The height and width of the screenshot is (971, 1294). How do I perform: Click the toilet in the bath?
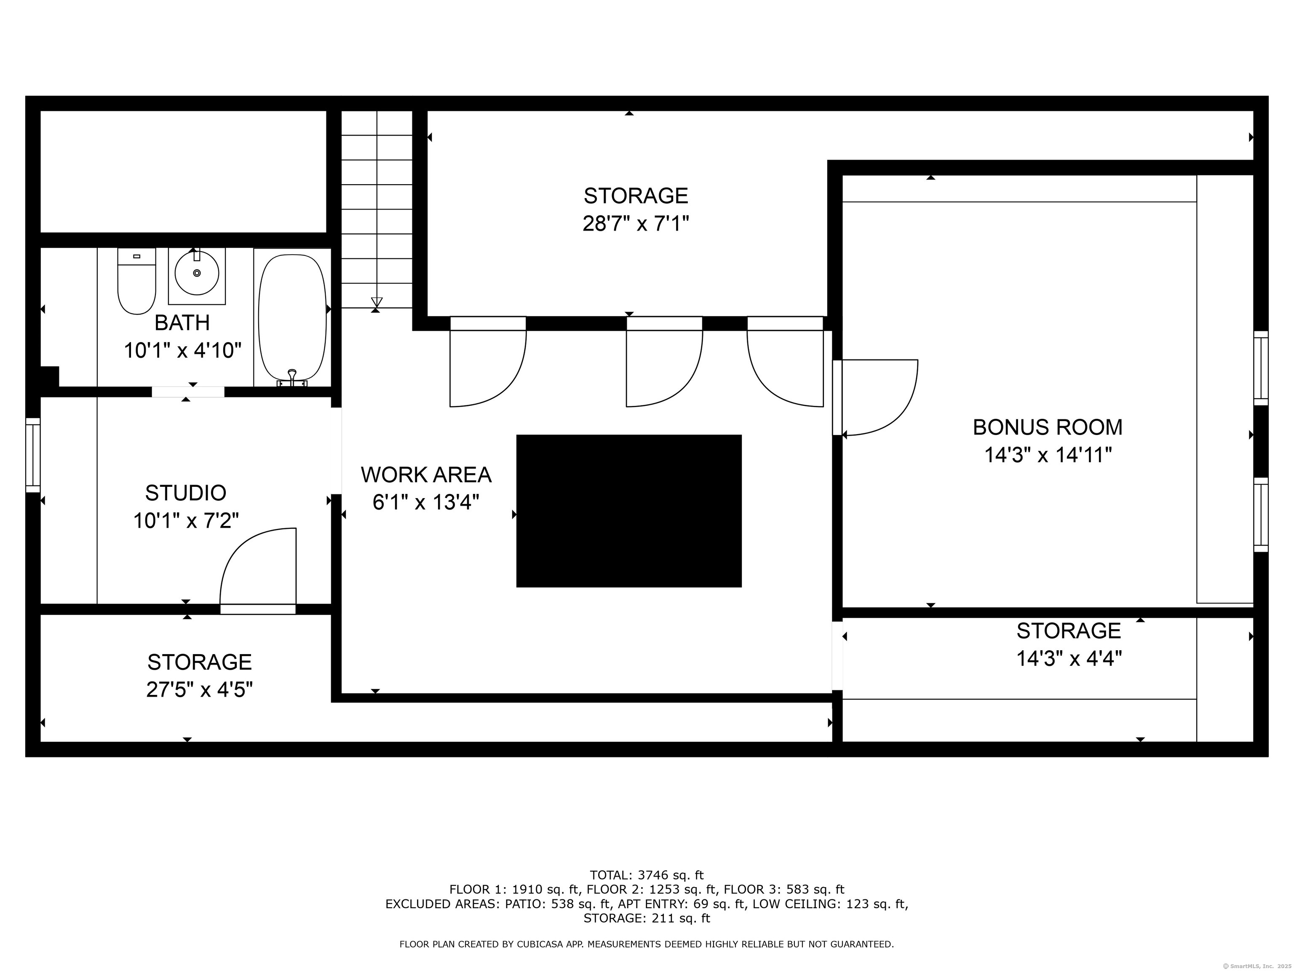pyautogui.click(x=136, y=282)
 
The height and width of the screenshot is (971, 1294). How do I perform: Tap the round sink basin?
pyautogui.click(x=197, y=274)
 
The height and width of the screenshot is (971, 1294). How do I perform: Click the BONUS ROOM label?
pyautogui.click(x=1047, y=427)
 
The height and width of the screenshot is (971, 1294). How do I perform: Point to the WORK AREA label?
pyautogui.click(x=426, y=475)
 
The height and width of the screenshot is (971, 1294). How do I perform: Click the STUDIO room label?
pyautogui.click(x=185, y=494)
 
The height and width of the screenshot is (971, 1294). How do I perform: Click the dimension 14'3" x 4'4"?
pyautogui.click(x=1069, y=659)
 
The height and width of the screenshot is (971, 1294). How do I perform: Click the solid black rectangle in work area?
pyautogui.click(x=628, y=510)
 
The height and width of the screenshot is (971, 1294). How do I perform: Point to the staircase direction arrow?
pyautogui.click(x=377, y=302)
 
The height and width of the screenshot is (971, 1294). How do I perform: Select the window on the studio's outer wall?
pyautogui.click(x=33, y=455)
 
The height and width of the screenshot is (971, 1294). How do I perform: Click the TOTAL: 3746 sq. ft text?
pyautogui.click(x=647, y=876)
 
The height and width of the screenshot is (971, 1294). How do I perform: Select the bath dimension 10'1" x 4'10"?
pyautogui.click(x=182, y=351)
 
